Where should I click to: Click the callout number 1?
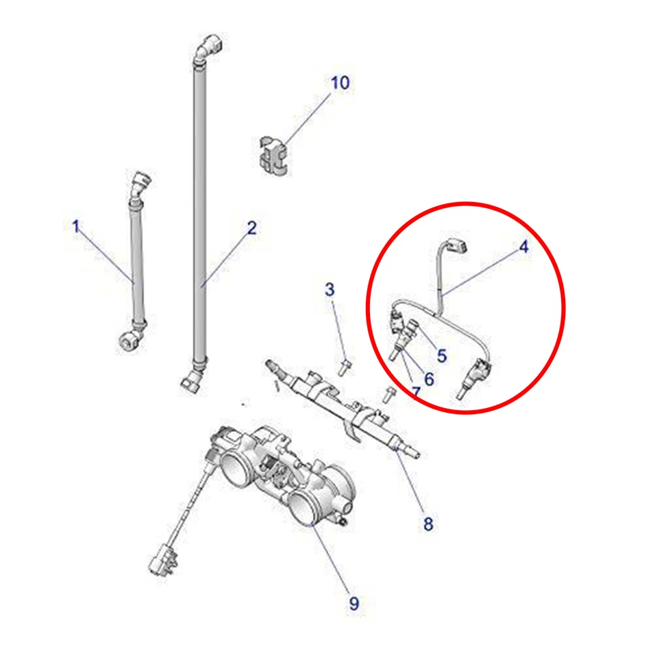click(x=76, y=226)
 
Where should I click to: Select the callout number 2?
click(x=252, y=228)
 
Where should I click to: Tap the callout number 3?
click(x=330, y=290)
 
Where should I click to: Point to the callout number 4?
click(x=523, y=247)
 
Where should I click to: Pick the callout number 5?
click(x=442, y=355)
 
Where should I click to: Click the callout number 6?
click(x=429, y=379)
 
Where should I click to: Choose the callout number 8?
click(x=428, y=524)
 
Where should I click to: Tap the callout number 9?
click(x=354, y=603)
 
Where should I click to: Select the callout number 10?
click(x=340, y=83)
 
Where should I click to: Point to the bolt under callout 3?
click(x=344, y=368)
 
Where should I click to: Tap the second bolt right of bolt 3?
click(x=388, y=392)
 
